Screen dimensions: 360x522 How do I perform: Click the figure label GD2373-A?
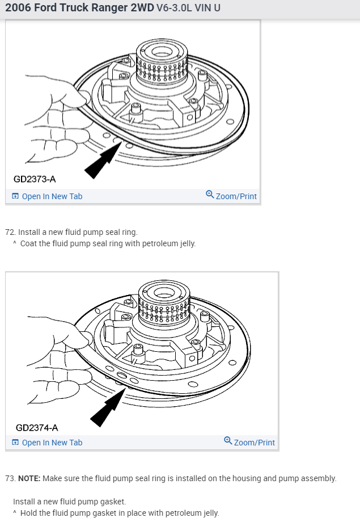[35, 180]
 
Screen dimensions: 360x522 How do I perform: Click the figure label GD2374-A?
[36, 427]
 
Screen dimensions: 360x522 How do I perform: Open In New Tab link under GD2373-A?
[52, 196]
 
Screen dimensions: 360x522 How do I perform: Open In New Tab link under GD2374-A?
[52, 443]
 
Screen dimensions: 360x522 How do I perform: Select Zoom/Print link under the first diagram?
[236, 196]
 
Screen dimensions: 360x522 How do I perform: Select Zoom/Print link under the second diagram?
[254, 443]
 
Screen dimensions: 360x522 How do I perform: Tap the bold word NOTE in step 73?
[29, 478]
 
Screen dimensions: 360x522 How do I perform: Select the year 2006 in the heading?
[18, 10]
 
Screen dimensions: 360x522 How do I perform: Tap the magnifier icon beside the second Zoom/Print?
[228, 441]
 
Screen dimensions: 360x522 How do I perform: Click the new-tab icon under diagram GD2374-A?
[15, 443]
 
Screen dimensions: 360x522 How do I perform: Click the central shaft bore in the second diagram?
[164, 293]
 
